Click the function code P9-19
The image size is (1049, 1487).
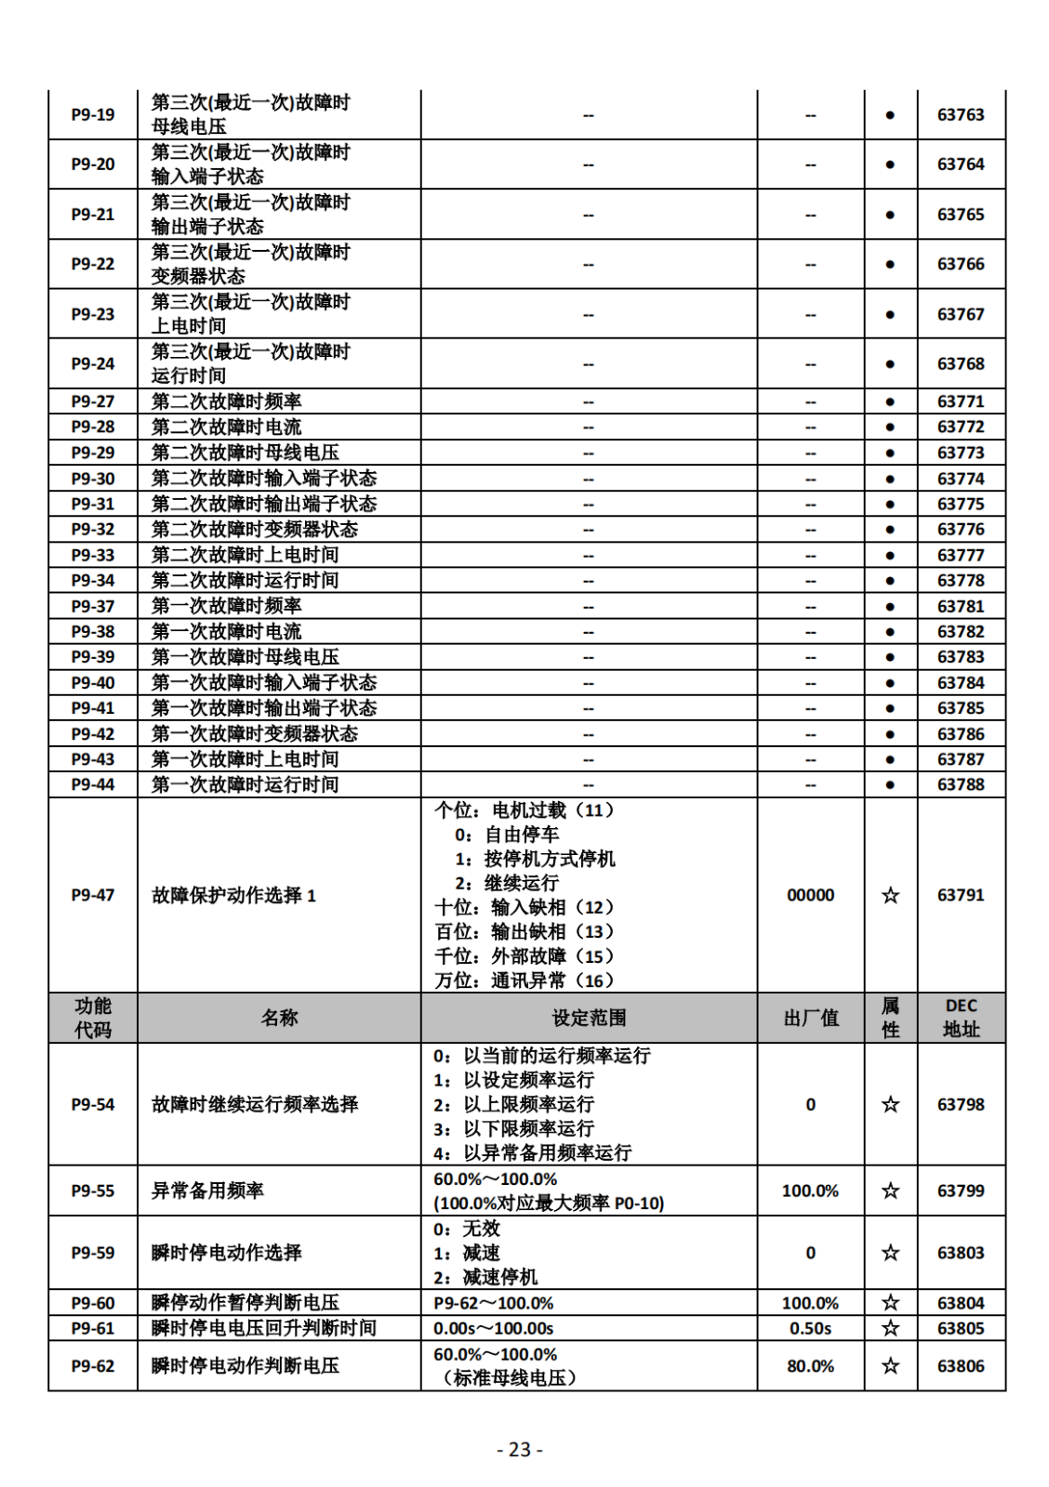coord(93,115)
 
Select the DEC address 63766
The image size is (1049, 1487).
coord(960,264)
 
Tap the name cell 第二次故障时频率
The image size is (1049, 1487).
coord(227,401)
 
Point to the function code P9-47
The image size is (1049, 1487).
coord(93,895)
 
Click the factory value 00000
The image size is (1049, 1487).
coord(810,895)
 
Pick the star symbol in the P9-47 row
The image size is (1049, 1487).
coord(890,895)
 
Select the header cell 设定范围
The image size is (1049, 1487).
coord(589,1018)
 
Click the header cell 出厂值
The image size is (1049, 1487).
coord(810,1018)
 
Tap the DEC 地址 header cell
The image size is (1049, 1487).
coord(961,1018)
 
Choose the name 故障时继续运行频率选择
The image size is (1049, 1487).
coord(255,1104)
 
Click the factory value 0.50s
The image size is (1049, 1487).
coord(810,1328)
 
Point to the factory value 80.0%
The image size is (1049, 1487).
coord(810,1366)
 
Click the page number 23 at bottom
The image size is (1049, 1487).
coord(520,1450)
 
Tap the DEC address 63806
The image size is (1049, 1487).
coord(960,1366)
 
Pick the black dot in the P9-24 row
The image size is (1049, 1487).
coord(890,363)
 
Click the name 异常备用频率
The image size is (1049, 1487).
coord(207,1191)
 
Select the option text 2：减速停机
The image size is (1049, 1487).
coord(485,1277)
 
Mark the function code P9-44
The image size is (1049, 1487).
coord(93,784)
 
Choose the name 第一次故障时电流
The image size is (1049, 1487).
coord(227,631)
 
